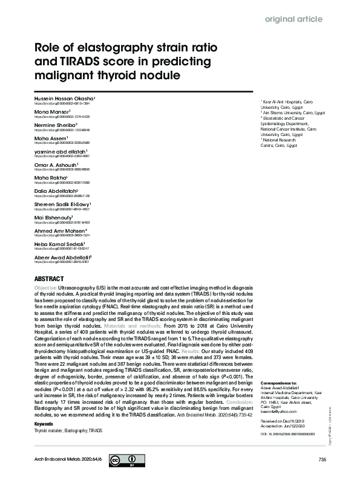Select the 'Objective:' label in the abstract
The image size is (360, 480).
click(x=46, y=288)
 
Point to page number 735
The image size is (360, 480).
click(x=321, y=461)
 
